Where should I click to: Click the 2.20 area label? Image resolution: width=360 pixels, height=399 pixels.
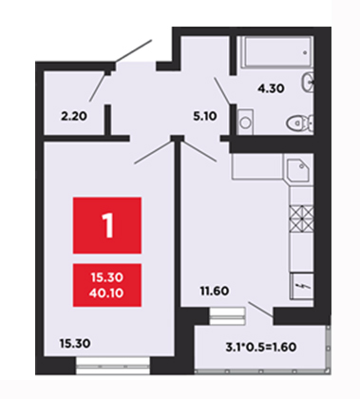74,116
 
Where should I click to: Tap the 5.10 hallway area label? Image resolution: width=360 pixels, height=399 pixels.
205,116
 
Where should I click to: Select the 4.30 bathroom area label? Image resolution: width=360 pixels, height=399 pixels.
271,88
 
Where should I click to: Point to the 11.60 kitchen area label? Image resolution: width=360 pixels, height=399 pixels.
215,291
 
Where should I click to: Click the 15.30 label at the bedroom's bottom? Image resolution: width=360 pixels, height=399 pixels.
75,343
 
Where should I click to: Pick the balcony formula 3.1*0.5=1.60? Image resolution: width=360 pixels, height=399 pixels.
261,347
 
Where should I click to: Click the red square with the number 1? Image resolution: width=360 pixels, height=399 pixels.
107,225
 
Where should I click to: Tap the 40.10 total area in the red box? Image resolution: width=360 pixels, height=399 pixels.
106,293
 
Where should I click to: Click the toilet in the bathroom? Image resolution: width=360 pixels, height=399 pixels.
300,123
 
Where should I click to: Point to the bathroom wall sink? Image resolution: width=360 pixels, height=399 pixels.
308,83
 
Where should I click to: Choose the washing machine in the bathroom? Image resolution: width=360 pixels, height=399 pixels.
245,123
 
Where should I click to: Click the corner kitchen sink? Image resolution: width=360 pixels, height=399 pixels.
298,170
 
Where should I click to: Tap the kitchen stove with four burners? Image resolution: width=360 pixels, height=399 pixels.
301,218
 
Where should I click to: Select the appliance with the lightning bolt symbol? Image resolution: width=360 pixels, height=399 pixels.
302,286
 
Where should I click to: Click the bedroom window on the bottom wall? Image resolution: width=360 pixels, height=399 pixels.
113,366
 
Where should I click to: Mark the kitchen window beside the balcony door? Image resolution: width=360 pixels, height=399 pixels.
227,315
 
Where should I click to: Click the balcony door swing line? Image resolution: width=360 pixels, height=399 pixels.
260,310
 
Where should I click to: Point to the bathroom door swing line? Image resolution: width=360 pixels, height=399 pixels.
222,90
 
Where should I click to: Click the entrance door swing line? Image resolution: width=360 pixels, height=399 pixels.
133,51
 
